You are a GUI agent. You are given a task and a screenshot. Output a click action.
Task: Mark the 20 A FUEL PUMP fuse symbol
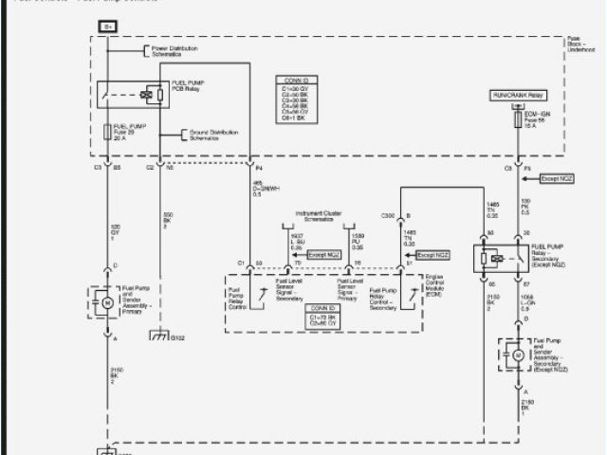click(x=107, y=133)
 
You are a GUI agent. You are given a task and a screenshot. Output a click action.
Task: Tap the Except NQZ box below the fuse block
click(x=557, y=178)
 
